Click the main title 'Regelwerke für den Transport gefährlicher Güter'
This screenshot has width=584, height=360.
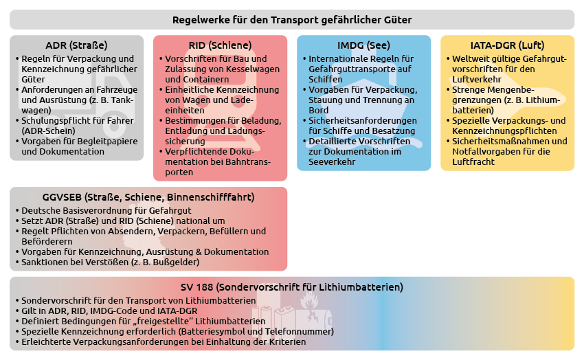[x=292, y=19]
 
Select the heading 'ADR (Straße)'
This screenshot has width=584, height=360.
[x=76, y=45]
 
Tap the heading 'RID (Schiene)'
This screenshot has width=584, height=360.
[x=220, y=45]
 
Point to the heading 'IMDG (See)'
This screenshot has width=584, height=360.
[x=363, y=45]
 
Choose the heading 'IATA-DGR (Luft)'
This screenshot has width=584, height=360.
[x=507, y=45]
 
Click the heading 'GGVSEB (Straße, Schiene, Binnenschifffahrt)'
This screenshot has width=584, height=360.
[x=148, y=197]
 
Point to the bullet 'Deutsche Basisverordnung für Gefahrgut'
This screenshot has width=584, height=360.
[x=106, y=210]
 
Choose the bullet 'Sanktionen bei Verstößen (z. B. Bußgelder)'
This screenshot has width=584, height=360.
[x=111, y=262]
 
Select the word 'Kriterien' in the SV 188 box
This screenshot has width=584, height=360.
[x=285, y=341]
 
